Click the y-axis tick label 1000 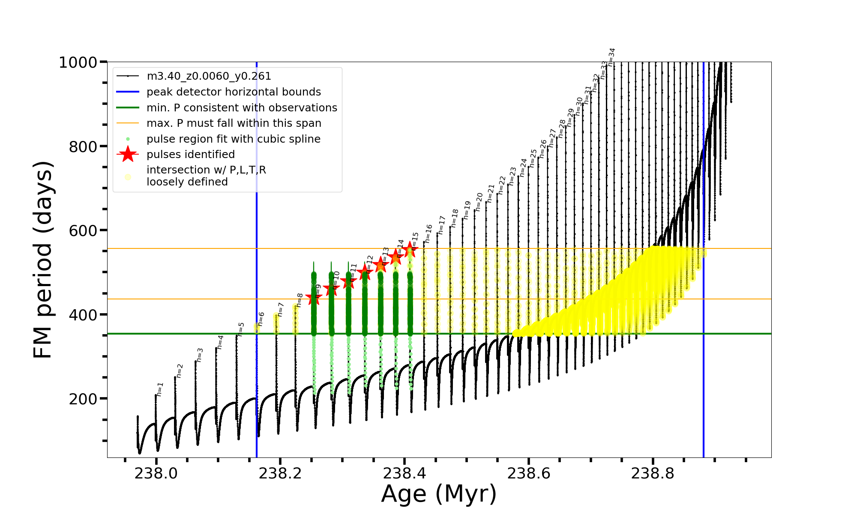(78, 63)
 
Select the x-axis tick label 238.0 (156, 473)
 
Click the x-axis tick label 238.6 (529, 473)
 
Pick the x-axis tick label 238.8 (653, 473)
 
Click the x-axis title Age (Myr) (439, 493)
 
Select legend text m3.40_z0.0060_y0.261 (209, 76)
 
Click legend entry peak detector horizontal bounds (234, 92)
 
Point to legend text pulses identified (191, 155)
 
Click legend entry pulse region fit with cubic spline (234, 139)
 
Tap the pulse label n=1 (160, 389)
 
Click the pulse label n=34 (611, 57)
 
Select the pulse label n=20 (479, 201)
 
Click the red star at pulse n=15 (410, 248)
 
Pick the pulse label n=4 (220, 342)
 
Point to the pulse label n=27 (552, 138)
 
